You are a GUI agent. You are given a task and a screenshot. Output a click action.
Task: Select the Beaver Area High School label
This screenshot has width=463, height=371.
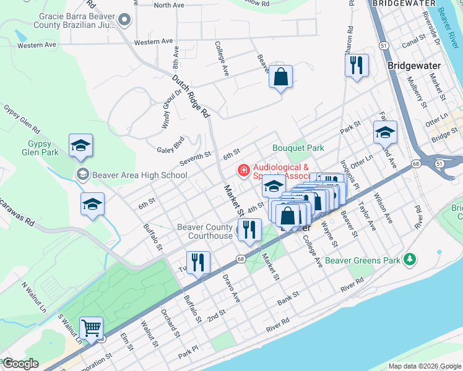[139, 175]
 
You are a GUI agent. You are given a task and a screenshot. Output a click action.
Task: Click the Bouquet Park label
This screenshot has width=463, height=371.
[298, 148]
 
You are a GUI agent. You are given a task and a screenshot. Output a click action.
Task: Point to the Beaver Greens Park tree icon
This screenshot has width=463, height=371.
[409, 259]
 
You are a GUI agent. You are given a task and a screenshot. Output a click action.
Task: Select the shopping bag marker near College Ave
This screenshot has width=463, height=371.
[280, 77]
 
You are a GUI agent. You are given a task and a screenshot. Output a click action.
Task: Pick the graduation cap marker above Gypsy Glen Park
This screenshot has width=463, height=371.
[80, 145]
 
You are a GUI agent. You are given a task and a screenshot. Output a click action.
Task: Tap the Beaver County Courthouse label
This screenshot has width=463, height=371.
[204, 231]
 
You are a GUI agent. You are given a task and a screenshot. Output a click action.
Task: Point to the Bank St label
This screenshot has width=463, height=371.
[288, 297]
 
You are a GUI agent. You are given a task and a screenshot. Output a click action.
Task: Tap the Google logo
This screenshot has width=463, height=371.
[20, 363]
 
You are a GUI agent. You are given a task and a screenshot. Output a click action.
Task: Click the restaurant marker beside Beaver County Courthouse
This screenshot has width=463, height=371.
[250, 230]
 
